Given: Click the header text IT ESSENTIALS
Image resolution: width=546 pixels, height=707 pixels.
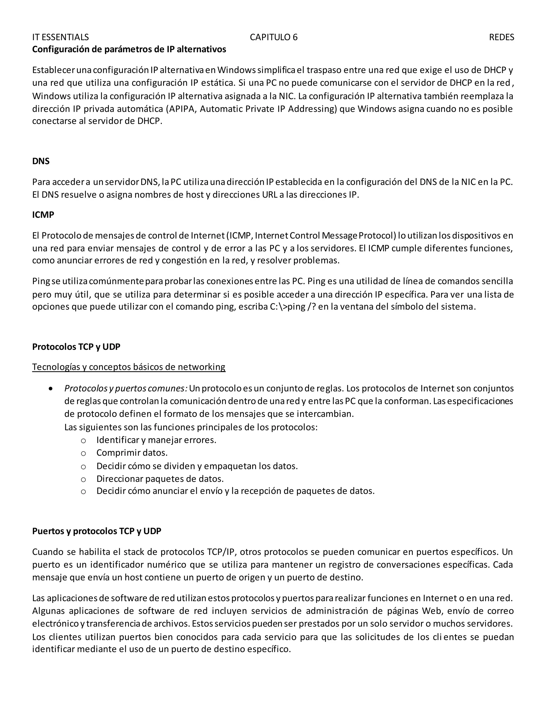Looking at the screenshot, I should (61, 37).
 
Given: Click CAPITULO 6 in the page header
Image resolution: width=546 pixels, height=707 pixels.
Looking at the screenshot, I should (273, 37).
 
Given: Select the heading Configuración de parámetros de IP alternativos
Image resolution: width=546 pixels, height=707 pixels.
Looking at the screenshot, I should (129, 50).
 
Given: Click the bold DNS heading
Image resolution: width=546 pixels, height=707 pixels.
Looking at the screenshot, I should (41, 161).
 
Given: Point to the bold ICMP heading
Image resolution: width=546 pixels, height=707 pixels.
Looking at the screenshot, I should (43, 215).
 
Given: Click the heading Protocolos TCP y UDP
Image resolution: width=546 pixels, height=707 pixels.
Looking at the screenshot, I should (76, 347).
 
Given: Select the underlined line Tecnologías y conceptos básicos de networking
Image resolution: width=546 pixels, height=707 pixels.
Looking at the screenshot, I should (129, 367).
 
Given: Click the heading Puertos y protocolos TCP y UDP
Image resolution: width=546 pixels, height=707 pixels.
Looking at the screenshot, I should (97, 531).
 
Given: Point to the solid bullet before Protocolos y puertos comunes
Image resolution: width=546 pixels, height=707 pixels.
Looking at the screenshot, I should (50, 388).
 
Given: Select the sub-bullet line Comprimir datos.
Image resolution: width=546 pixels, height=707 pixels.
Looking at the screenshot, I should (132, 452).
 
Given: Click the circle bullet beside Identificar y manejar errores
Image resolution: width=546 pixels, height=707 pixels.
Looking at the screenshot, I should (83, 440).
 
